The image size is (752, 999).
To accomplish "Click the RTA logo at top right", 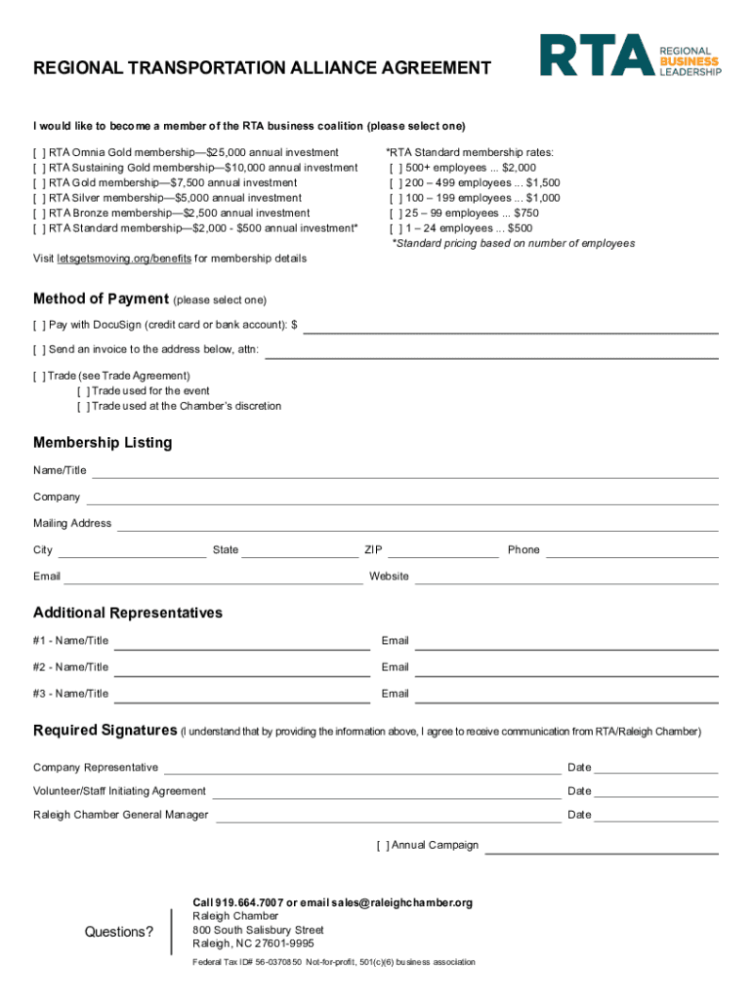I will point(631,55).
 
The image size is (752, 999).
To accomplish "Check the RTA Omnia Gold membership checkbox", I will point(38,153).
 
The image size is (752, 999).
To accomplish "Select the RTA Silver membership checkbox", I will point(38,198).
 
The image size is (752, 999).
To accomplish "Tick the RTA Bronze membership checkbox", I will point(38,213).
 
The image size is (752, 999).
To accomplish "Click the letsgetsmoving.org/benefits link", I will point(124,259).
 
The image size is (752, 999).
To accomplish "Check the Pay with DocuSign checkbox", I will point(38,324).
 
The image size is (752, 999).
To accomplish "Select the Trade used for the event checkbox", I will point(83,391).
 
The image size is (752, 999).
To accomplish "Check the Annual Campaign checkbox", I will point(382,845).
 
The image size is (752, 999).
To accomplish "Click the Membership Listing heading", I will point(103,443).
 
